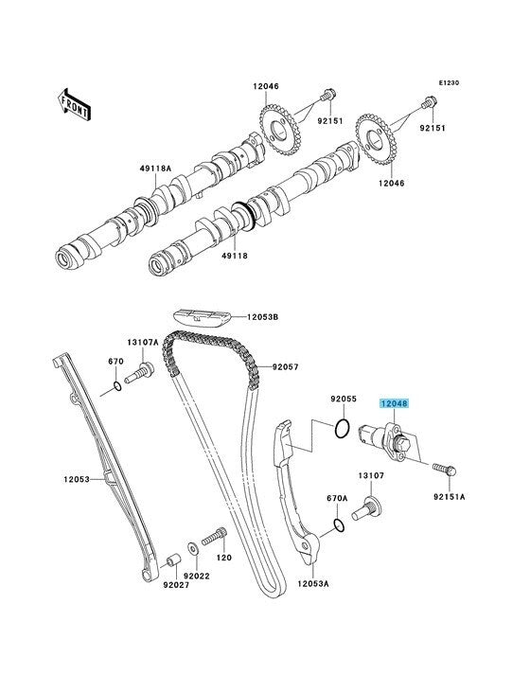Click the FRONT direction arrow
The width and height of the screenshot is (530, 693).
click(x=74, y=105)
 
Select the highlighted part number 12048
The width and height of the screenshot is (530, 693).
click(x=395, y=403)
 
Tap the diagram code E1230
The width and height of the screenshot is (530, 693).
click(x=449, y=82)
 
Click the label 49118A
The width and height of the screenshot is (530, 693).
click(x=155, y=169)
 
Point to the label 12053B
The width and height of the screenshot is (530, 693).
click(x=263, y=317)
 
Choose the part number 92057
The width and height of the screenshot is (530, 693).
click(x=285, y=366)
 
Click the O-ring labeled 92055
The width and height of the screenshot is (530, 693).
click(x=343, y=429)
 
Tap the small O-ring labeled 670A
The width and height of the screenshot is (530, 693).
click(x=339, y=526)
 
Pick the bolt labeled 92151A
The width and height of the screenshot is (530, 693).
click(x=444, y=469)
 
